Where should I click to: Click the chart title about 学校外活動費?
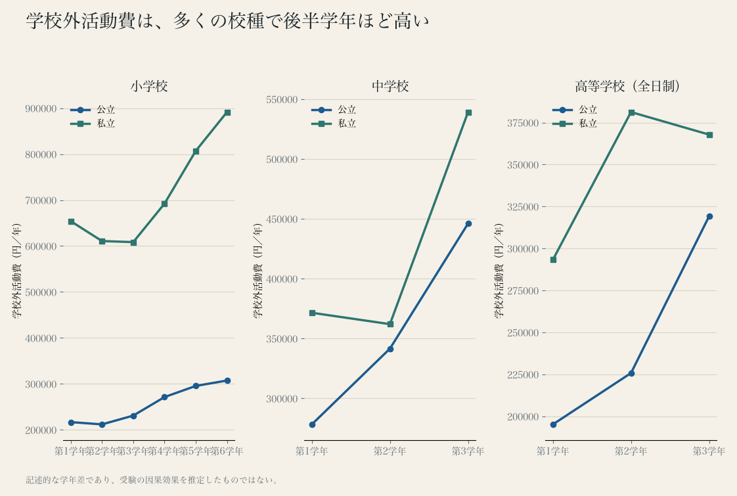227,21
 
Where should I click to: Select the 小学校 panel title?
149,86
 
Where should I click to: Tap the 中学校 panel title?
390,86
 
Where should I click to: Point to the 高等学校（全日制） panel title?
627,86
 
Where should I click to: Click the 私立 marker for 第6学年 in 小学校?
227,113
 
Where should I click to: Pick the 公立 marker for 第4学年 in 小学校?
164,397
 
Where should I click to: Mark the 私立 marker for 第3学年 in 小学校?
133,242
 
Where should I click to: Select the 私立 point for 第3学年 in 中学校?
468,113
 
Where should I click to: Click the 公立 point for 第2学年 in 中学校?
390,349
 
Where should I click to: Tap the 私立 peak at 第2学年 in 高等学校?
632,113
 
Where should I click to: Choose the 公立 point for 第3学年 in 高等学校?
709,217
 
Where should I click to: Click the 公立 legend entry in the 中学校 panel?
334,110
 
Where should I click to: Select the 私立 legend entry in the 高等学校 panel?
575,124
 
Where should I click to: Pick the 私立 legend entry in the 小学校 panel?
93,124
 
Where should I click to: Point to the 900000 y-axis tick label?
41,109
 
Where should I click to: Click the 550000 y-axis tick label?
282,100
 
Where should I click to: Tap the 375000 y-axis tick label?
523,123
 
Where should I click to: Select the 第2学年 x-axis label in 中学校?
390,451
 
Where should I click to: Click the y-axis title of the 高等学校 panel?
499,270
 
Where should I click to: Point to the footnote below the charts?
152,480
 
